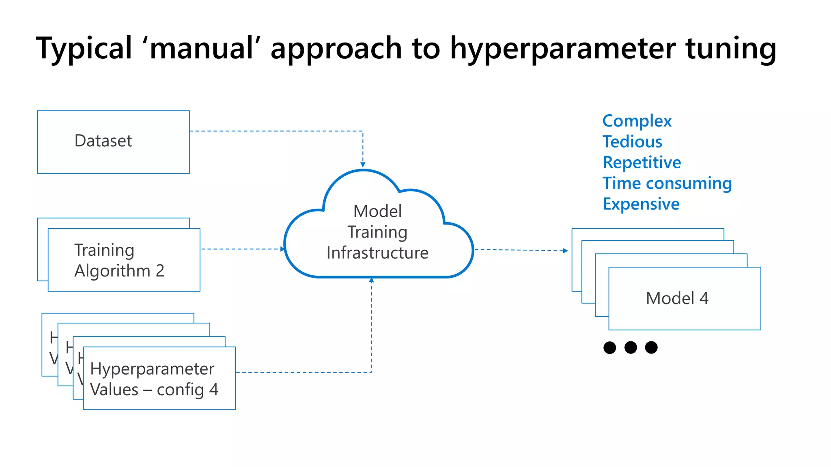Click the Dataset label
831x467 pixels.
point(103,141)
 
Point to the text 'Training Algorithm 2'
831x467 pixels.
point(119,260)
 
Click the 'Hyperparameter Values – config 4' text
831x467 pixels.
point(154,379)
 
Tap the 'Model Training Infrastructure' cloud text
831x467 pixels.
point(377,232)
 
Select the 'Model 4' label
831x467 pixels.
point(677,298)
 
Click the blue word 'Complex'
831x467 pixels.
point(637,121)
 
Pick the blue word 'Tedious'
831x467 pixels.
point(632,141)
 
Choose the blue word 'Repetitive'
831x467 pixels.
point(642,162)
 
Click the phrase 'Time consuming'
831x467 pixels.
point(667,183)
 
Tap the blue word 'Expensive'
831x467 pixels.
point(641,204)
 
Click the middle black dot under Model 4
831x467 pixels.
point(631,347)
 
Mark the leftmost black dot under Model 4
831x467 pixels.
point(609,347)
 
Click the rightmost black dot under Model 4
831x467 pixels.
point(651,347)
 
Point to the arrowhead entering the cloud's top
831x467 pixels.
point(363,165)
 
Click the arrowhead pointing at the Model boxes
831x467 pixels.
point(566,251)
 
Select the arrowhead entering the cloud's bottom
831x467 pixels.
point(371,280)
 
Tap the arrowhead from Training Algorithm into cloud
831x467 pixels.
point(282,249)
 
